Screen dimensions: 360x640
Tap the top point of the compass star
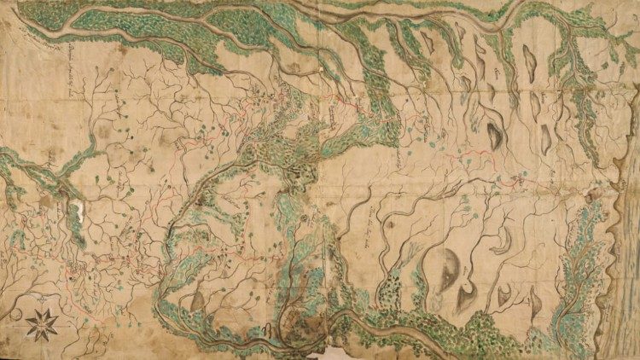42,309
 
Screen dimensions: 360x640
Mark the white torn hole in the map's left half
79,214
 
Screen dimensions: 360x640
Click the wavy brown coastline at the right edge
616,256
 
